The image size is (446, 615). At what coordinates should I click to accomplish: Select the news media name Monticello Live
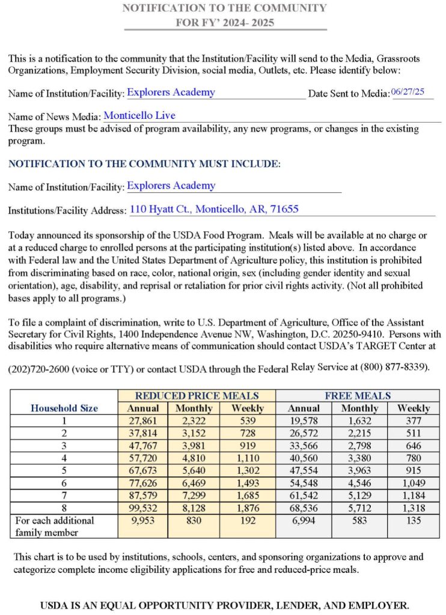point(139,115)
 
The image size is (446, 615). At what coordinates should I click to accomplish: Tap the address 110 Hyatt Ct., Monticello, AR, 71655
point(214,209)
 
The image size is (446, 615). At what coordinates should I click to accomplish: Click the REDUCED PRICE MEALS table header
point(197,396)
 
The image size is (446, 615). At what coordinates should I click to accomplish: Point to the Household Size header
point(64,408)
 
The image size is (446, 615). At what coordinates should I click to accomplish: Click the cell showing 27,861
point(143,420)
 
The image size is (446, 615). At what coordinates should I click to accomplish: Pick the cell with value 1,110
point(248,458)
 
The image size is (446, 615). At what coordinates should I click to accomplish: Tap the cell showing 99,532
point(143,508)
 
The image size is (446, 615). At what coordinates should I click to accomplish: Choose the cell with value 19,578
point(304,420)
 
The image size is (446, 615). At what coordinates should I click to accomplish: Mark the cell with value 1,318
point(414,508)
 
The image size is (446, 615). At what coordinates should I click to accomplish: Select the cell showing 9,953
point(143,521)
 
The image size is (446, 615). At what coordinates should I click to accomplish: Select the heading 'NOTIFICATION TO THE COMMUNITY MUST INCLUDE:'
point(144,163)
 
